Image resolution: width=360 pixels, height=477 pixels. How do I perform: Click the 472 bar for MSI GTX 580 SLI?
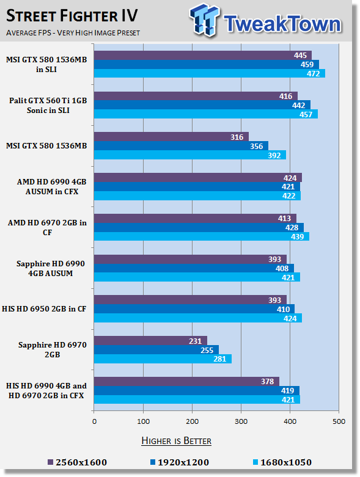coord(210,73)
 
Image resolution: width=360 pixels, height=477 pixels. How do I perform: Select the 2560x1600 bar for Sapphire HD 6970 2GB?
coord(150,341)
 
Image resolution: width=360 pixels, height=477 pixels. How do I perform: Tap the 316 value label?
coord(237,137)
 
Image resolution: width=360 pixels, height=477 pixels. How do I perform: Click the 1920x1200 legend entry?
coord(180,462)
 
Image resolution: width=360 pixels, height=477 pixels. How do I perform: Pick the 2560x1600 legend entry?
coord(77,462)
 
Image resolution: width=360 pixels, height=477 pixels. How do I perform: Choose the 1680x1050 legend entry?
coord(282,462)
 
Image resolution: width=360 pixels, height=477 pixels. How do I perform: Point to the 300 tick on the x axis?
coord(241,421)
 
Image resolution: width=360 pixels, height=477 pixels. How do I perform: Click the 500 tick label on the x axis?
coord(339,421)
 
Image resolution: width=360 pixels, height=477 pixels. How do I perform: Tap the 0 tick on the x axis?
coord(94,421)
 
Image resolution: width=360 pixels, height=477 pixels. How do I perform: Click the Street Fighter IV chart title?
coord(72,16)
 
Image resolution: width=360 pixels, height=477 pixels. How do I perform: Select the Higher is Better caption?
coord(177,441)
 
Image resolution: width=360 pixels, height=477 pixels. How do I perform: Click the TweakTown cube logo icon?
coord(204,20)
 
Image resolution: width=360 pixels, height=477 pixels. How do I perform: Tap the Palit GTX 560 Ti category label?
coord(48,105)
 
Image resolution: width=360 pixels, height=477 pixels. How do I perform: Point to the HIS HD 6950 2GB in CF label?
coord(44,309)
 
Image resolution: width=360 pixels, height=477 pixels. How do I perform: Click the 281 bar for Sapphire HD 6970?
coord(163,359)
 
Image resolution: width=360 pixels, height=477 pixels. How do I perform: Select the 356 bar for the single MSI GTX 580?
coord(181,146)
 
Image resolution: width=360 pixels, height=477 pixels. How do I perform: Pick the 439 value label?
coord(297,236)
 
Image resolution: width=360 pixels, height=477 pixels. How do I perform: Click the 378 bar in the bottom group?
coord(186,382)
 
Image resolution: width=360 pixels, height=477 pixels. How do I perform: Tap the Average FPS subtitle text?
coord(73,32)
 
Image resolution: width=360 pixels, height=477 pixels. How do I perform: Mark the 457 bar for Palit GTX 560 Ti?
coord(206,114)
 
